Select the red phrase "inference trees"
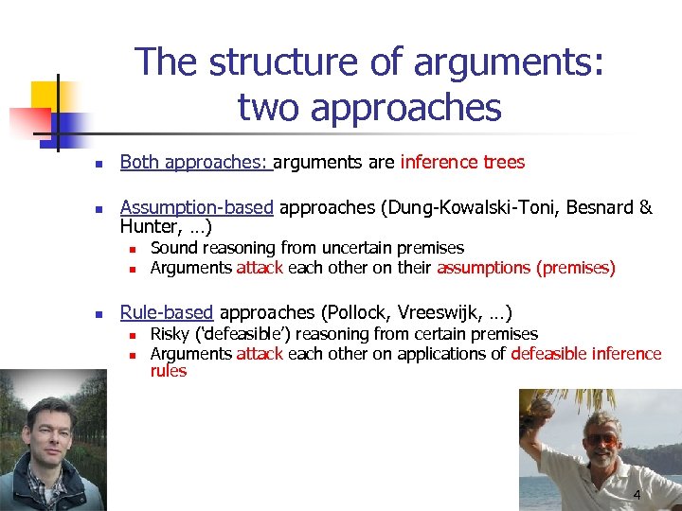[x=462, y=162]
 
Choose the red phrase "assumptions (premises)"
[x=526, y=268]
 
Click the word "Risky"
[x=170, y=334]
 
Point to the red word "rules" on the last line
[x=169, y=371]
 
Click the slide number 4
[x=637, y=496]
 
